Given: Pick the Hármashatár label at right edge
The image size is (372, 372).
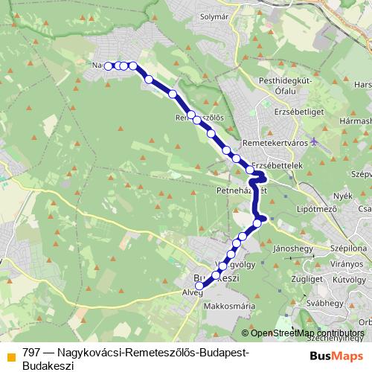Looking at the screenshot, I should pos(355,120).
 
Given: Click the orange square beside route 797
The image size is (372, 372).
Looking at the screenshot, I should pos(10,356).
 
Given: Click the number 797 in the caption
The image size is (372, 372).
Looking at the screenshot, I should pos(31,353).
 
